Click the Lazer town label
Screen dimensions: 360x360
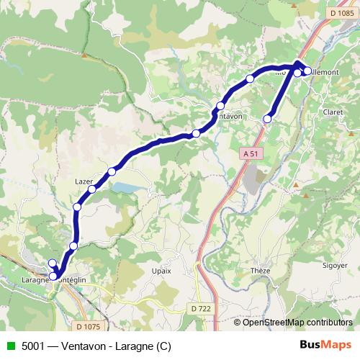tap(84, 182)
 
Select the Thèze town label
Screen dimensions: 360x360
tap(261, 270)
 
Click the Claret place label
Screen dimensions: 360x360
tap(333, 112)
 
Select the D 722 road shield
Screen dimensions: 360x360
tap(202, 307)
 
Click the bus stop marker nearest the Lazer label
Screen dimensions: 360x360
tap(92, 189)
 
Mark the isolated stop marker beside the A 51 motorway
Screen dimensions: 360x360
tap(267, 119)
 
